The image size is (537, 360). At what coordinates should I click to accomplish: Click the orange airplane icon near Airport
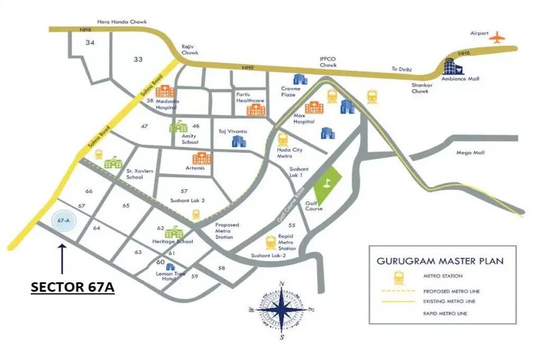tap(497, 37)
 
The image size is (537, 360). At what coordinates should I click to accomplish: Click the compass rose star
tap(281, 311)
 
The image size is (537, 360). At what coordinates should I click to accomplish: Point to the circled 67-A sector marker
tap(64, 220)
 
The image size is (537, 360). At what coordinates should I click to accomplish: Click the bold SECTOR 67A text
tap(72, 287)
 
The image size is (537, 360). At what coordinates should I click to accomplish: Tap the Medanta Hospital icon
tap(164, 90)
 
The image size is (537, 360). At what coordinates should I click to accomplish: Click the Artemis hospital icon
tap(202, 158)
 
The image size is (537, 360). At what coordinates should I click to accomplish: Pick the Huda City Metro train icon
tap(283, 139)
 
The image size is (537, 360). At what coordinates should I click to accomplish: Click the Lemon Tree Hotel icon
tap(170, 267)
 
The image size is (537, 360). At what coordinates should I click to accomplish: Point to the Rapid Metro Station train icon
tap(271, 242)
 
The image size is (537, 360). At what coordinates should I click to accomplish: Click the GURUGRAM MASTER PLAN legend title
tap(440, 261)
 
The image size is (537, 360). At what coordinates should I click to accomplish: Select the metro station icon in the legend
tap(397, 276)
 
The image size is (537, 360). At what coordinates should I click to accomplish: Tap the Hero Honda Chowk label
tap(122, 22)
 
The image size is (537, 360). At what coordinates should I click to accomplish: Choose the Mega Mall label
tap(470, 153)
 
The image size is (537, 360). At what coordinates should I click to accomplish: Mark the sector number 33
tap(138, 59)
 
